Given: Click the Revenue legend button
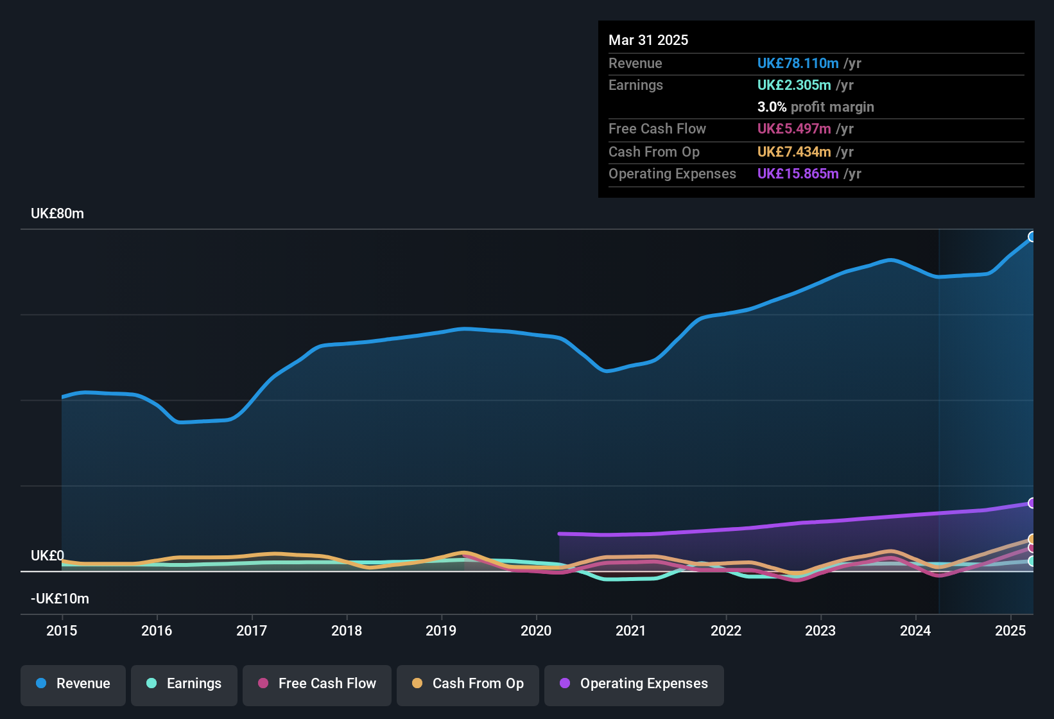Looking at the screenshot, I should (x=73, y=684).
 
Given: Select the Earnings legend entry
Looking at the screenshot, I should (x=184, y=684).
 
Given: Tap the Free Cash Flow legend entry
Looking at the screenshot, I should (x=317, y=684).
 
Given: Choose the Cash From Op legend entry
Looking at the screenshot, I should (x=468, y=684).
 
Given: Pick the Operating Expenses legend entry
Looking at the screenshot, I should (x=634, y=684).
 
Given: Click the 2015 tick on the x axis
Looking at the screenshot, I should (x=62, y=630).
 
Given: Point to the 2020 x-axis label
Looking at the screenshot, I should (x=536, y=630).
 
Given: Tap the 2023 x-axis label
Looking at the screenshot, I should (x=820, y=630).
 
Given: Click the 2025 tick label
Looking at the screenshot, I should (x=1010, y=630).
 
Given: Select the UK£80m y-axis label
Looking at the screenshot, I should (x=57, y=214).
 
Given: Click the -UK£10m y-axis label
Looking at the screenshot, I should (x=60, y=599).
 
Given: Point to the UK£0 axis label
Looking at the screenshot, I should (x=48, y=556).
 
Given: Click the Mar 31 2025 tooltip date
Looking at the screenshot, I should (x=648, y=40).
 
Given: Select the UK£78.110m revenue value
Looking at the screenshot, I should (x=798, y=64).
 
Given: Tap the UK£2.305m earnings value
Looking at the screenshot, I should (x=794, y=85).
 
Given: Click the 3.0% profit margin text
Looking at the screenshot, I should (x=815, y=107).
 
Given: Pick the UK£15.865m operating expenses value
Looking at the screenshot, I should (x=798, y=174).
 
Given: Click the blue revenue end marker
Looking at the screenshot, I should (x=1032, y=237).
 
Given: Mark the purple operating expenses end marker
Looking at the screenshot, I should (x=1032, y=503).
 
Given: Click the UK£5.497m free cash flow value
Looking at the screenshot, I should (x=794, y=129).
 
